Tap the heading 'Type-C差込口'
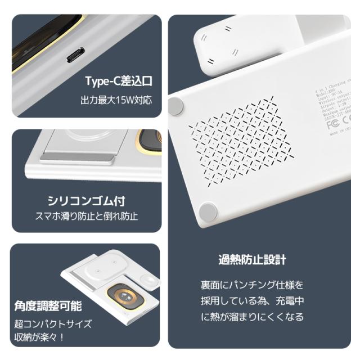(x=118, y=80)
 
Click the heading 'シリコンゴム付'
(x=87, y=201)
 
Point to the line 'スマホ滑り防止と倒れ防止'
(x=87, y=216)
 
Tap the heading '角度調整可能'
(x=48, y=307)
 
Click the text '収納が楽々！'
(x=40, y=337)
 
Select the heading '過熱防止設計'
(x=253, y=260)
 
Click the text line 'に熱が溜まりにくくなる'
(x=252, y=317)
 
